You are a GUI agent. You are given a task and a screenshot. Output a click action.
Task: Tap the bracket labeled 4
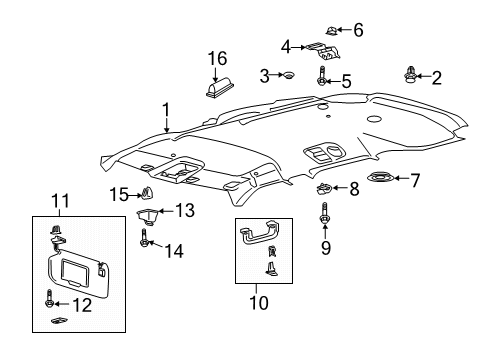click(323, 51)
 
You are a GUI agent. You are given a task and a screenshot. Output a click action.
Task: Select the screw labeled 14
click(146, 238)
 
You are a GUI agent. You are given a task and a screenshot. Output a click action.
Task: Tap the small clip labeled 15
click(148, 193)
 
